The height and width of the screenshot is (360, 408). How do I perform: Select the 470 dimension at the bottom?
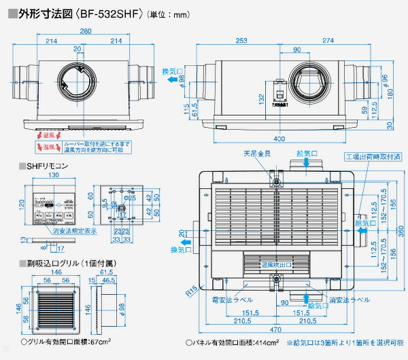pyautogui.click(x=272, y=331)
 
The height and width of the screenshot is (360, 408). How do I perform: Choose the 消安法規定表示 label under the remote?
pyautogui.click(x=52, y=230)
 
